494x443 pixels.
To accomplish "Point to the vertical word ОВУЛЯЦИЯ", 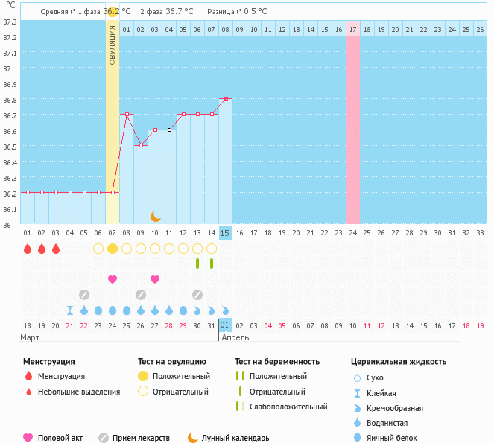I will pyautogui.click(x=112, y=45).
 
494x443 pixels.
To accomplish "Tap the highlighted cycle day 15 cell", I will pyautogui.click(x=225, y=233).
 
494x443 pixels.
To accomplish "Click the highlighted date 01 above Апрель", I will pyautogui.click(x=225, y=325).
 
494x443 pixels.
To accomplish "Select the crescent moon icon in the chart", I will pyautogui.click(x=155, y=216).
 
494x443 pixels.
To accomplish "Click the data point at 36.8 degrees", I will pyautogui.click(x=225, y=98).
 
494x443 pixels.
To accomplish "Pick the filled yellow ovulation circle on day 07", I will pyautogui.click(x=113, y=248).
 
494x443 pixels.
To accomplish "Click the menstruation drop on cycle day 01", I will pyautogui.click(x=27, y=249).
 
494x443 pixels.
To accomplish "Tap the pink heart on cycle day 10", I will pyautogui.click(x=155, y=279).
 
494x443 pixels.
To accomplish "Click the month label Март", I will pyautogui.click(x=30, y=337).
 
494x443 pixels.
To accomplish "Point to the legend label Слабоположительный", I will pyautogui.click(x=288, y=407).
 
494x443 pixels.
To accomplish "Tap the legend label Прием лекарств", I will pyautogui.click(x=141, y=439).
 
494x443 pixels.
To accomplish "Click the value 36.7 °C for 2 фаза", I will pyautogui.click(x=179, y=12).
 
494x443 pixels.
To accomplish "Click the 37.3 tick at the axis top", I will pyautogui.click(x=10, y=22).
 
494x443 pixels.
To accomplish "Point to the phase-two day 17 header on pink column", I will pyautogui.click(x=353, y=29).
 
